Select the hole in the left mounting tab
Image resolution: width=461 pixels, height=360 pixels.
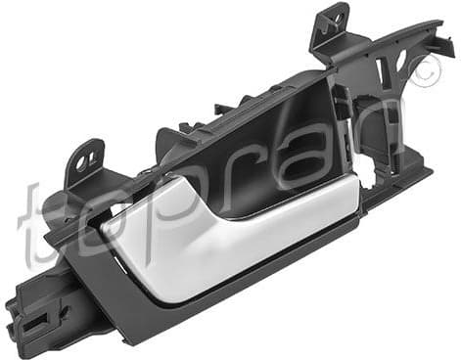pyautogui.click(x=89, y=156)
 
